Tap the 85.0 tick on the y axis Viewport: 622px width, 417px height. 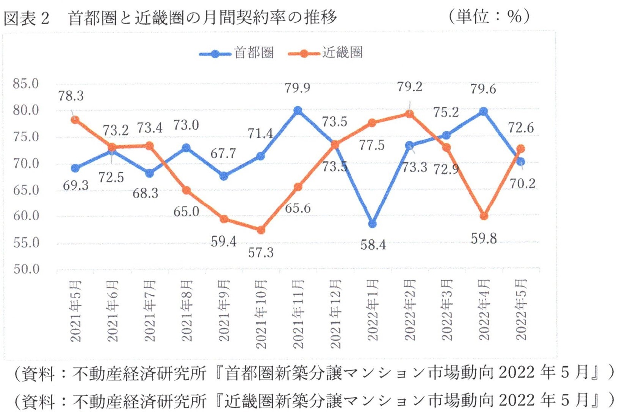(x=26, y=84)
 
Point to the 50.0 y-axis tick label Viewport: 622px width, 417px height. (x=26, y=269)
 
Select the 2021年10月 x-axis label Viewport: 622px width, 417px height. (x=261, y=314)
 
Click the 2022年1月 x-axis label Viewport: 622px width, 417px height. (x=373, y=310)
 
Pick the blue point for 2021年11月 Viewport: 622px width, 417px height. (x=298, y=110)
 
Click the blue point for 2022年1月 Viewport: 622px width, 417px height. (x=373, y=224)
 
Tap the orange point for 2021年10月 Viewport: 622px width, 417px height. (x=261, y=230)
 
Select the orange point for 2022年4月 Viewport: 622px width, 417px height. (x=484, y=216)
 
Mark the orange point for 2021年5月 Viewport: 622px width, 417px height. (x=75, y=120)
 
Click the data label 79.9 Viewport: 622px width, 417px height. (x=298, y=88)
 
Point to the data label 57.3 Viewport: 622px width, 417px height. (x=261, y=252)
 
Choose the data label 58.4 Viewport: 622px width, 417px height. (x=373, y=245)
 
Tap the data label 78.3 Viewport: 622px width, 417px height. (x=71, y=96)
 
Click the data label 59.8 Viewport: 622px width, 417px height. (x=484, y=238)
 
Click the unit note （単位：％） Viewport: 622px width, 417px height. (x=489, y=17)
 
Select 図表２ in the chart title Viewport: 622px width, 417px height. (x=27, y=18)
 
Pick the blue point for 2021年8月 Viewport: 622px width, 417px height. (x=186, y=148)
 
